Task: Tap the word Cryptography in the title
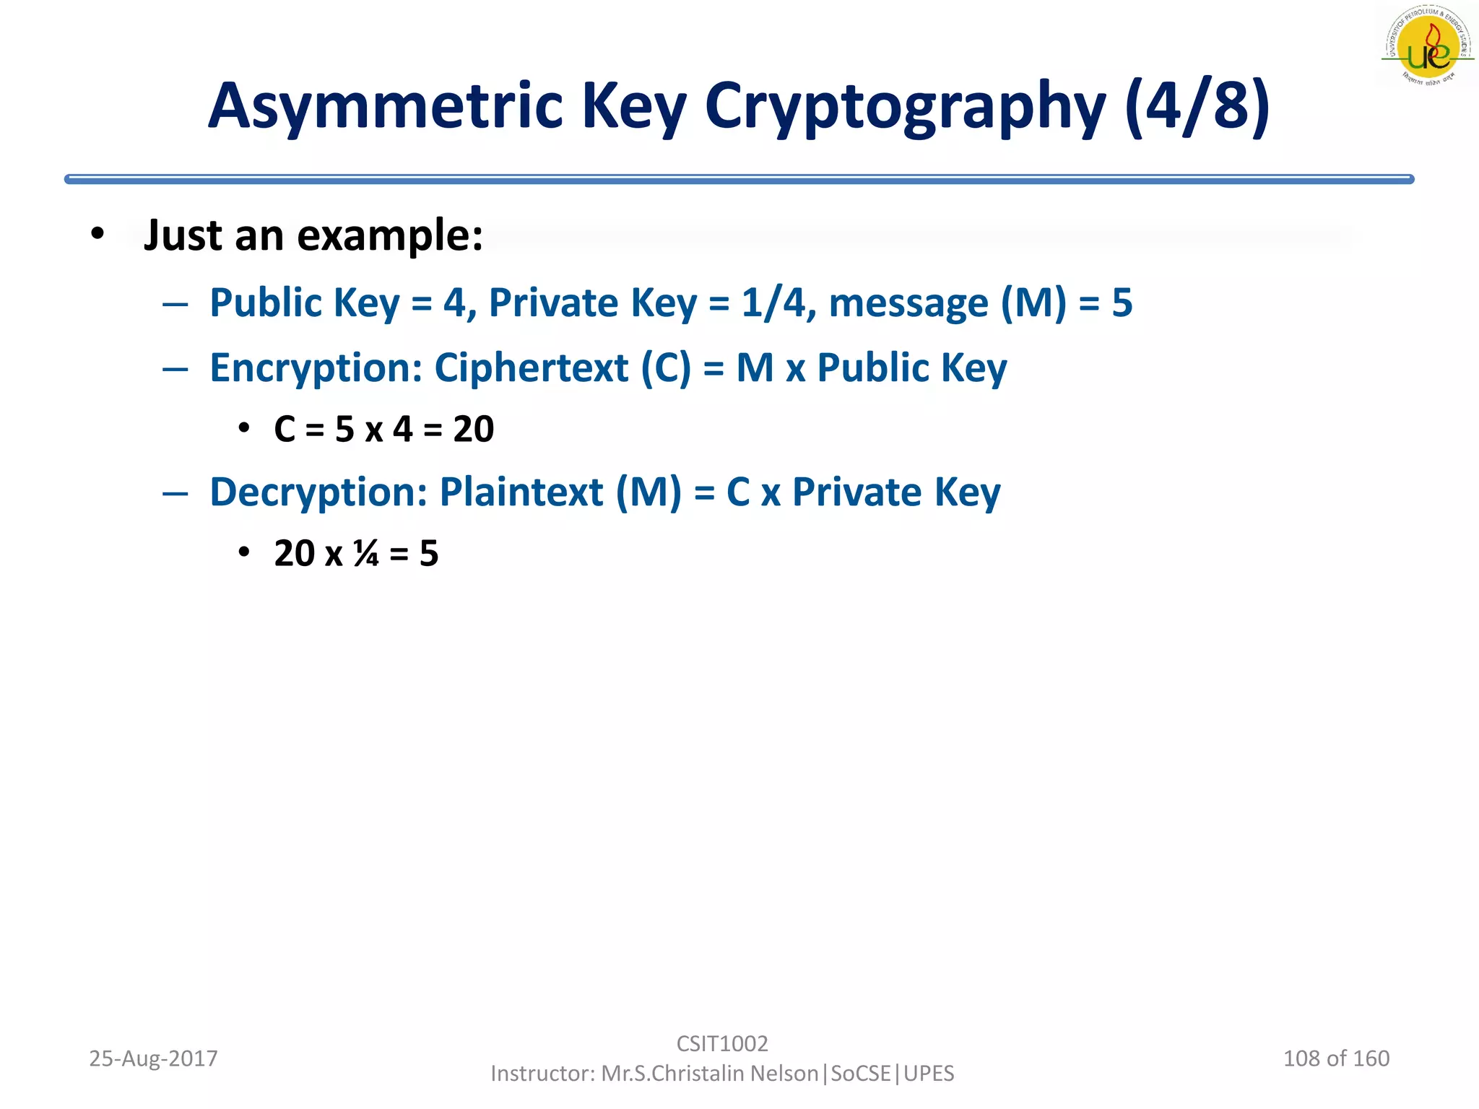[905, 108]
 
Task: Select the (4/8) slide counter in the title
[1197, 106]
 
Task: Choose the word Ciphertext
[532, 368]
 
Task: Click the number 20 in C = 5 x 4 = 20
[474, 429]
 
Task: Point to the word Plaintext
[521, 492]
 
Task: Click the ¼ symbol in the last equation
[366, 554]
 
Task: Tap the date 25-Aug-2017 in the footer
[153, 1058]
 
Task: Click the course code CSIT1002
[722, 1043]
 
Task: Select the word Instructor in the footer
[541, 1074]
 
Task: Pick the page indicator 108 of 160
[1336, 1058]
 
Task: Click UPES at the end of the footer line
[929, 1074]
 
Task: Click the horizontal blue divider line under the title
[739, 179]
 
